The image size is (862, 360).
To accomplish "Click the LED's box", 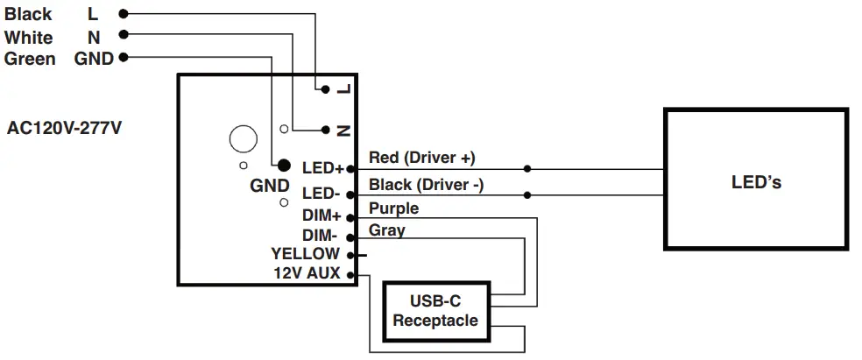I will coord(755,182).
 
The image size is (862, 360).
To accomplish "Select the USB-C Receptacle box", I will coord(435,311).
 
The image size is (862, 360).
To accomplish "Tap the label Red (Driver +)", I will coord(421,158).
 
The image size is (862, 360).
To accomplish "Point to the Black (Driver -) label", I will coord(426,185).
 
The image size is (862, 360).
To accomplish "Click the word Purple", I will coord(393,208).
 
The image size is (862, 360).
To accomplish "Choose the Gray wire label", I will coord(386,229).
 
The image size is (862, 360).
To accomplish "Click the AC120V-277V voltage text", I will coord(64,128).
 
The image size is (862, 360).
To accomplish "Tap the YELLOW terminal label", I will coord(305,254).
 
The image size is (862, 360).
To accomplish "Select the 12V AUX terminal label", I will coord(307,274).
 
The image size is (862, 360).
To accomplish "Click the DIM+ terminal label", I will coord(321,215).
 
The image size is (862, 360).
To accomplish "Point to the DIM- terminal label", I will coord(321,236).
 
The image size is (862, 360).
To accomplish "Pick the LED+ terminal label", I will coord(322,167).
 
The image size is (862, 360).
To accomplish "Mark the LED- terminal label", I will coord(321,193).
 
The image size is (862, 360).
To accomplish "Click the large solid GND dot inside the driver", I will coord(283,165).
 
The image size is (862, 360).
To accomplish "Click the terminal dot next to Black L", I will coord(123,14).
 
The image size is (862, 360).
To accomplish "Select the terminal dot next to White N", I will coord(123,35).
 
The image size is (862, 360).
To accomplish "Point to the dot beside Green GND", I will coord(123,58).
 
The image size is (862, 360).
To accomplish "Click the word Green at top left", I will coord(30,59).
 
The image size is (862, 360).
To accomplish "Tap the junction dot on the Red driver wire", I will coord(526,168).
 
